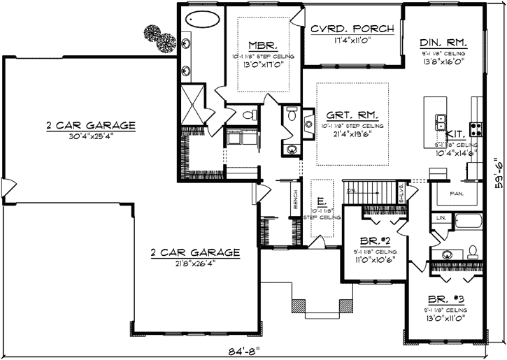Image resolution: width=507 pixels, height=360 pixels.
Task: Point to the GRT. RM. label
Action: click(352, 115)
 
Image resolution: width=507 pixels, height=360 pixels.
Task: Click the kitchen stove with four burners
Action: click(476, 129)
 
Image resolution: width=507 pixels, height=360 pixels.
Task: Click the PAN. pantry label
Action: click(458, 194)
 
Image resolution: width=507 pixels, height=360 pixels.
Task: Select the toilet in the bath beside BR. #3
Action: click(473, 250)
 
